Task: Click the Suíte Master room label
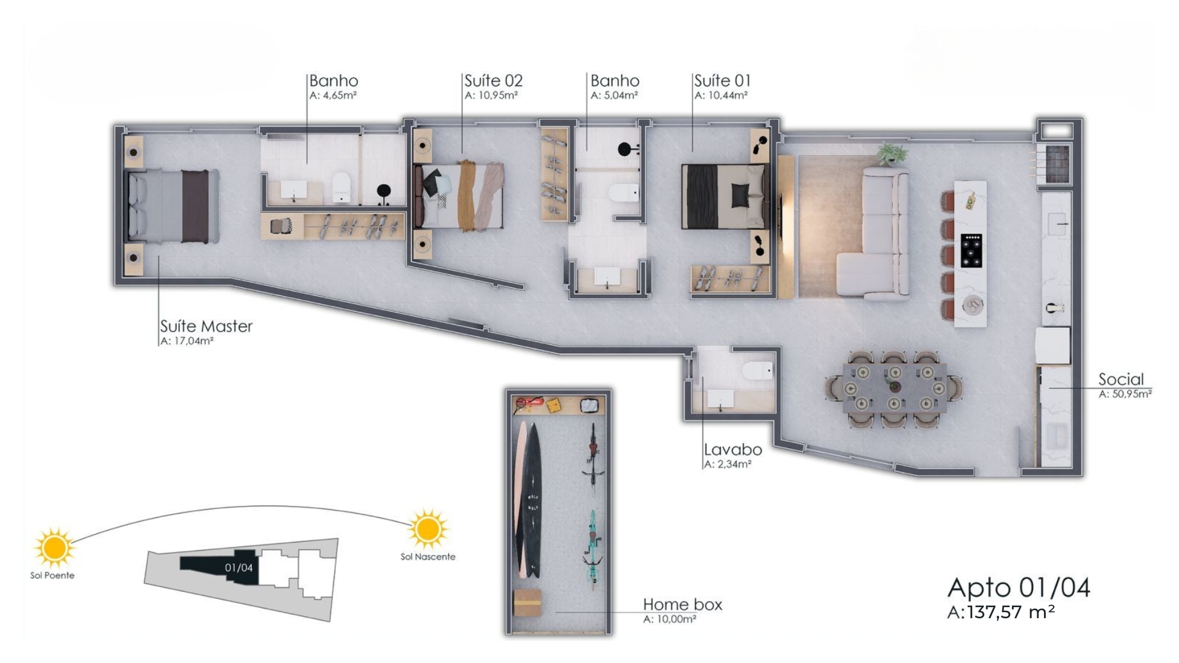click(206, 326)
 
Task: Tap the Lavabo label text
click(733, 449)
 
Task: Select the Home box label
click(682, 605)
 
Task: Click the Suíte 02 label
click(493, 80)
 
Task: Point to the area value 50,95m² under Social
click(1125, 394)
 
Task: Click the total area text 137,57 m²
click(1011, 612)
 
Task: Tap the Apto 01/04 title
click(1019, 587)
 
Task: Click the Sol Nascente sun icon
click(428, 529)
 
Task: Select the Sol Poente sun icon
click(54, 546)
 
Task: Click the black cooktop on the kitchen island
click(971, 250)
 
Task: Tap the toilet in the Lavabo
click(757, 370)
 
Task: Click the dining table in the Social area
click(894, 388)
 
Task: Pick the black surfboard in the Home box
click(532, 500)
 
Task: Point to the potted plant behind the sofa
click(892, 153)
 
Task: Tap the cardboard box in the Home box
click(527, 602)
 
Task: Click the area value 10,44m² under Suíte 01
click(721, 96)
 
